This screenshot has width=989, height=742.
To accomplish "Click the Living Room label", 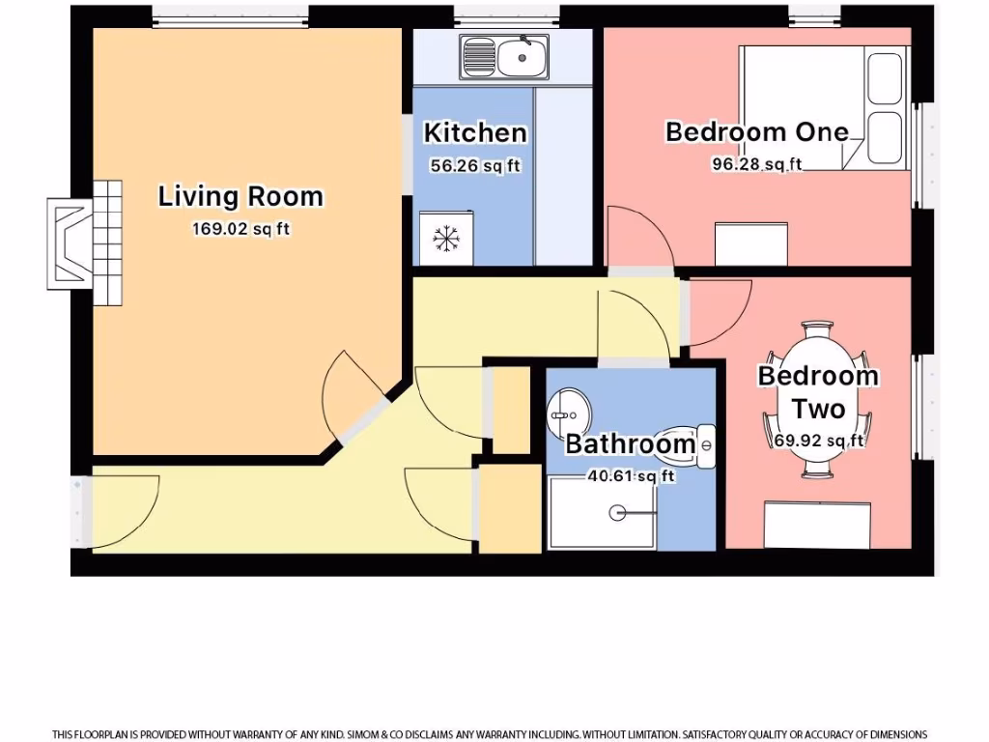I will [x=240, y=196].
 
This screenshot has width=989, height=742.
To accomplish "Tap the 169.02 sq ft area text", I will [x=240, y=230].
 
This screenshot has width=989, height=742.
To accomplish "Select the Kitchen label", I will [x=475, y=132].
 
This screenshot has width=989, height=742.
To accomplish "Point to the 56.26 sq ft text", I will [x=475, y=166].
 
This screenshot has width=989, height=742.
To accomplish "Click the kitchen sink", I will [x=504, y=58].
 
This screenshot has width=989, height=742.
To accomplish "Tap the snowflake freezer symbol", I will [x=445, y=239].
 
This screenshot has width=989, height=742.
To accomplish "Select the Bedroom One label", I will [x=756, y=131].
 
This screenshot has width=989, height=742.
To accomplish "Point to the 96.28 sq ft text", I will [x=756, y=164].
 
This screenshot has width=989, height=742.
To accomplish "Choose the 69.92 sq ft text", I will [x=818, y=441].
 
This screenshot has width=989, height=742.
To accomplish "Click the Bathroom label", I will [x=630, y=444].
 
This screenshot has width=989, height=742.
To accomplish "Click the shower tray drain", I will [x=618, y=513].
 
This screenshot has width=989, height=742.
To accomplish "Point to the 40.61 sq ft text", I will [x=630, y=476].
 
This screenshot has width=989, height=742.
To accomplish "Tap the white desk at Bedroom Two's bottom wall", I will [x=818, y=525].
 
